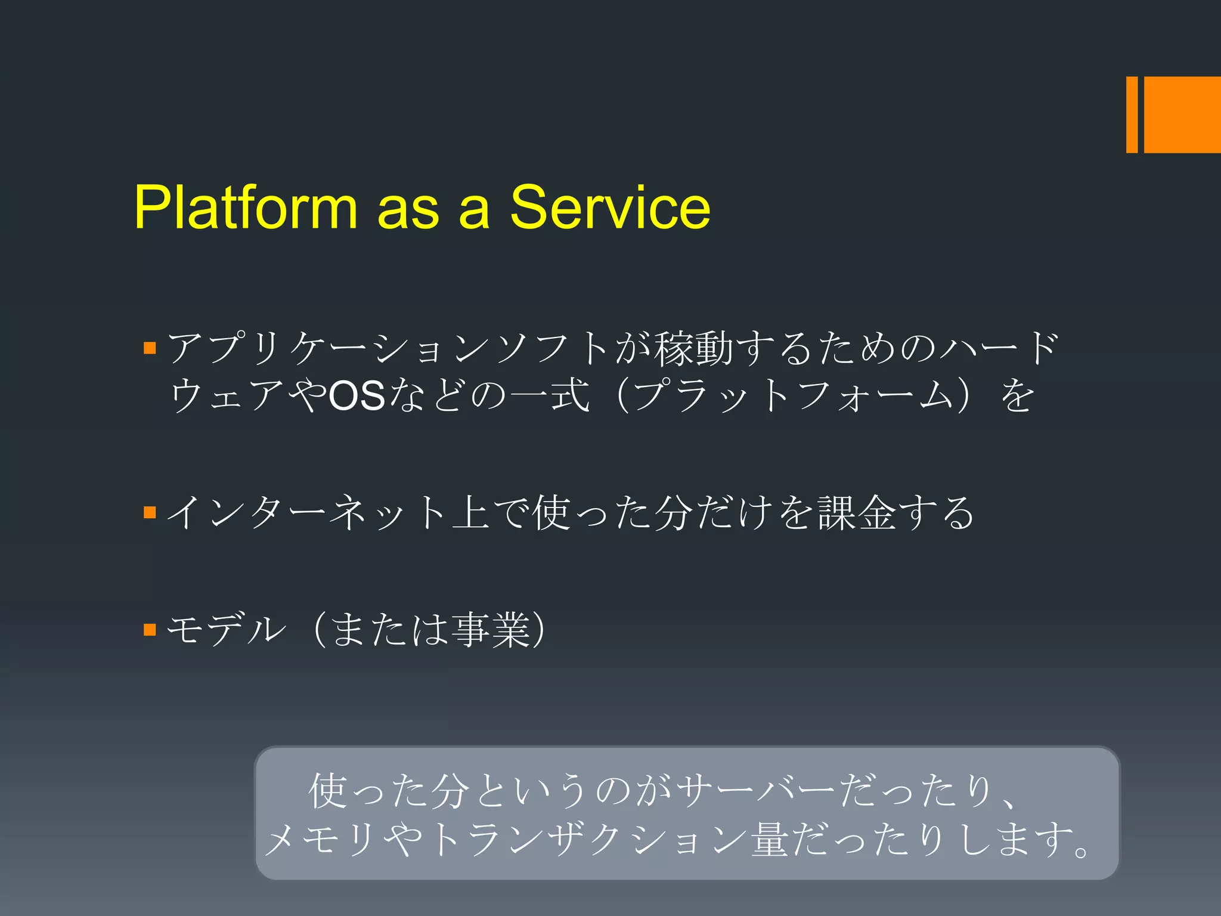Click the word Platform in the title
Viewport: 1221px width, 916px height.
click(245, 207)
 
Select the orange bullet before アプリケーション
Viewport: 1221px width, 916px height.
click(150, 348)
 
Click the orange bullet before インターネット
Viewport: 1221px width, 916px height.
click(150, 512)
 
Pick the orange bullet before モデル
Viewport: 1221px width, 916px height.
click(150, 629)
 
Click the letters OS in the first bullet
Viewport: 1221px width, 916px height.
click(357, 396)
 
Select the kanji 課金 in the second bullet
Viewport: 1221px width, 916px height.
click(857, 512)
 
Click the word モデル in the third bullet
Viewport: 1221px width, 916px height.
click(227, 629)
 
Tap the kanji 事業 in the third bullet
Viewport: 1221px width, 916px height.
click(491, 629)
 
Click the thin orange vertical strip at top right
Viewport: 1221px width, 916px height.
click(1132, 114)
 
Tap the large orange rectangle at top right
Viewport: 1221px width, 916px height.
click(1182, 114)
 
